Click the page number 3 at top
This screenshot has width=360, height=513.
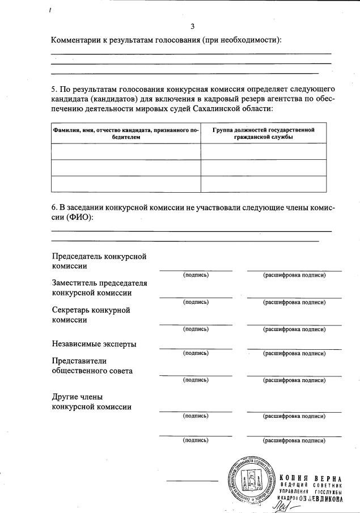coord(193,26)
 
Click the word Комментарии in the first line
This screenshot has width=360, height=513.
coord(77,40)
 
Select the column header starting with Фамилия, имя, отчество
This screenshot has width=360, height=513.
coord(125,133)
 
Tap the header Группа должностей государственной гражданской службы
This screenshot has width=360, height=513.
coord(263,133)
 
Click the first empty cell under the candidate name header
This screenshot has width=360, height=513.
coord(125,151)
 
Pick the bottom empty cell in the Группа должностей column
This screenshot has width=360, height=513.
coord(263,184)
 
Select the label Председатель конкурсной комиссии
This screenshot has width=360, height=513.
coord(99,261)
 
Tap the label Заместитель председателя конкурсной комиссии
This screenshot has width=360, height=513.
coord(99,288)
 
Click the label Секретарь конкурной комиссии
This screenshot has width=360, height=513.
coord(91,315)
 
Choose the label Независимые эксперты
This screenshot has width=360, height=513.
coord(94,344)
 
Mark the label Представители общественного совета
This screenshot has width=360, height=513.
coord(92,366)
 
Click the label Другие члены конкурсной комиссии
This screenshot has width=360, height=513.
coord(92,401)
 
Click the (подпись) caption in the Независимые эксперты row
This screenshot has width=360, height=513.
coord(196,353)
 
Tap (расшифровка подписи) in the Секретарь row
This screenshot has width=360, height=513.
coord(294,329)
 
